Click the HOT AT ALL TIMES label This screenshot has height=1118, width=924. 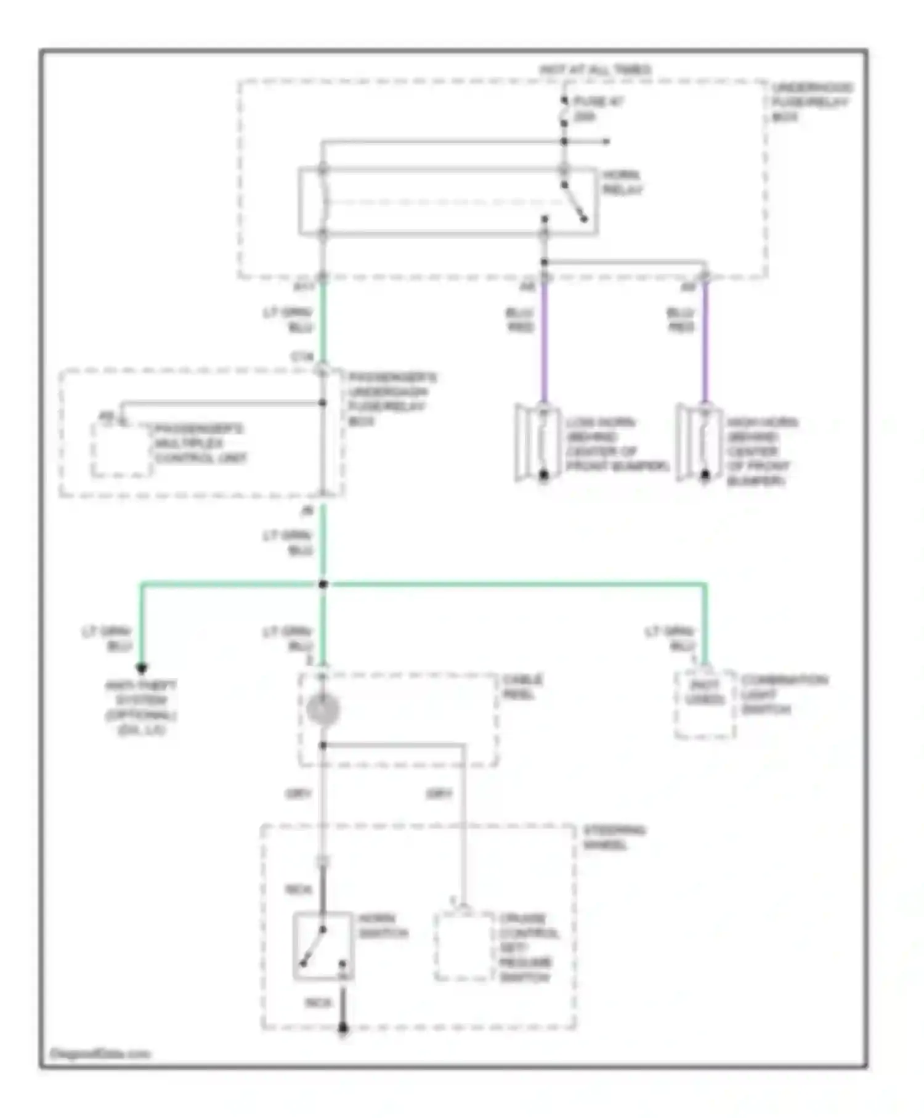[x=595, y=70]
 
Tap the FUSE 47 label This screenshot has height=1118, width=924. [x=597, y=108]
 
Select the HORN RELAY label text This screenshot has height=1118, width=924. [x=622, y=183]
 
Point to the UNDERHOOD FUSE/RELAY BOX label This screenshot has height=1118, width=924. [x=811, y=102]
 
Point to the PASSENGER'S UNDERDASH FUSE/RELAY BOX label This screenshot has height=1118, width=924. [x=392, y=399]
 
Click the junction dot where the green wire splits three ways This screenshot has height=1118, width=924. [x=323, y=584]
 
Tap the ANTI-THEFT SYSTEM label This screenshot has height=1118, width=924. [x=141, y=707]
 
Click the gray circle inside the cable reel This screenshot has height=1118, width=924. [x=323, y=710]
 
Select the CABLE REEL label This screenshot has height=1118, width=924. [x=522, y=687]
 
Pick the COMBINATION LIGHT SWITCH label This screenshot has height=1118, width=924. [x=784, y=694]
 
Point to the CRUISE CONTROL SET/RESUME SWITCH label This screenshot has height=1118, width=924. [x=529, y=947]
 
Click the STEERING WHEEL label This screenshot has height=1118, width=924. [x=614, y=837]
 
